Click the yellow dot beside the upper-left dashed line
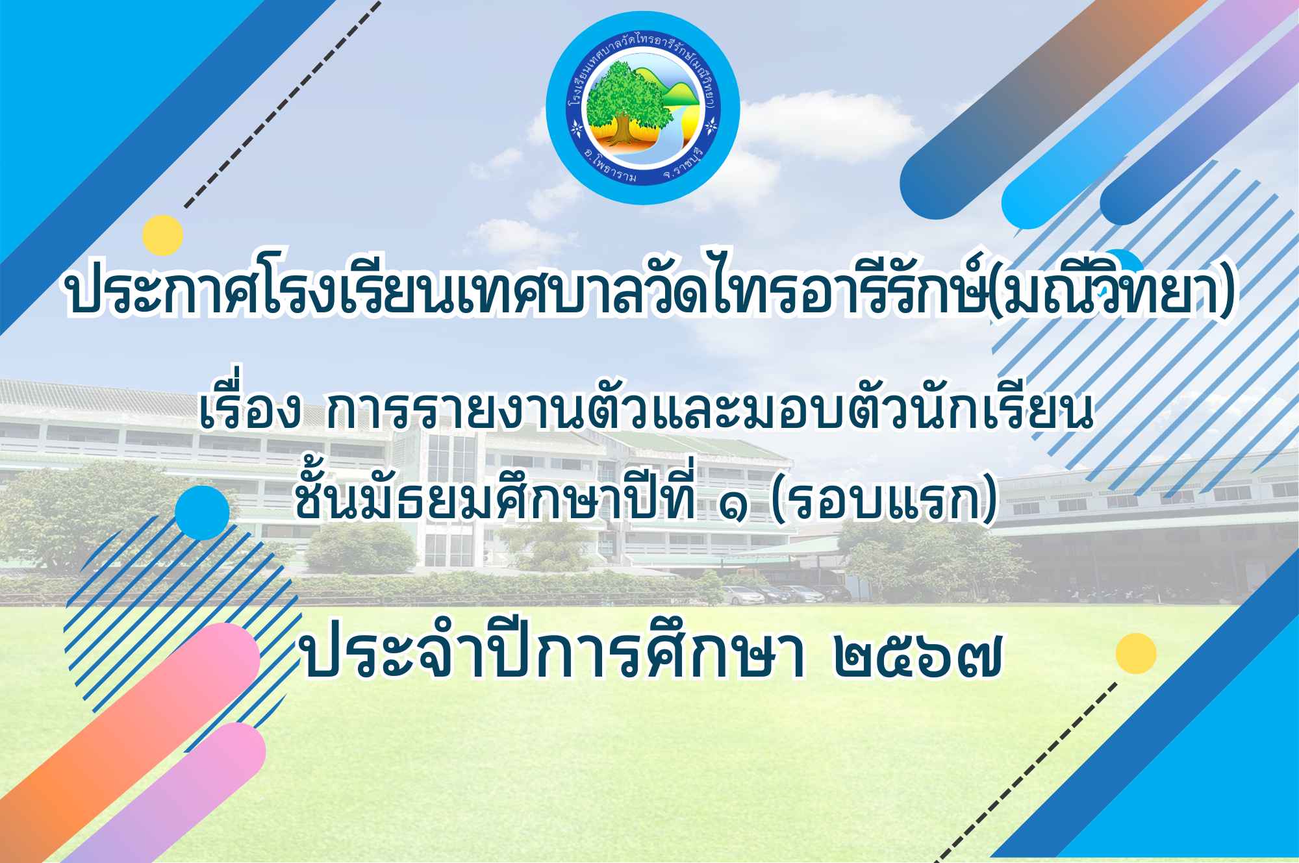pos(163,234)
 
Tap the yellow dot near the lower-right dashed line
pos(1137,653)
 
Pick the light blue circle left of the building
pos(202,512)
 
